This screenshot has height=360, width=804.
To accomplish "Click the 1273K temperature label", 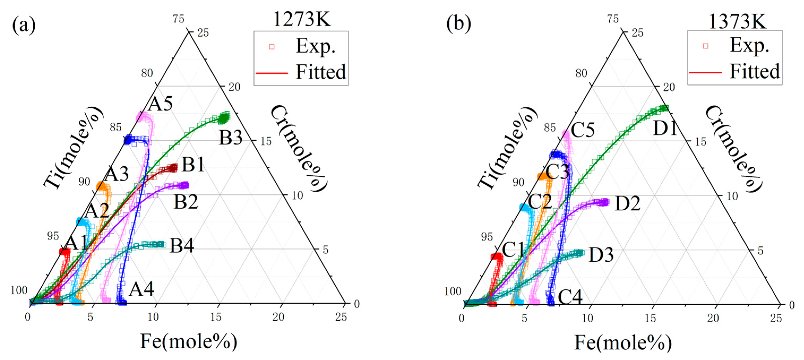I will tap(301, 19).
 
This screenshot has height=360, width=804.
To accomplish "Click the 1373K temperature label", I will tap(737, 22).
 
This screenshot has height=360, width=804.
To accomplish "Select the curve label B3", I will tap(231, 138).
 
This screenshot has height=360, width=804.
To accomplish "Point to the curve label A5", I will tap(160, 103).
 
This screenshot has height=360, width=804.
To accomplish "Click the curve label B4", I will tap(182, 245).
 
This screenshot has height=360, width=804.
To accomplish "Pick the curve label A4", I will tap(141, 289).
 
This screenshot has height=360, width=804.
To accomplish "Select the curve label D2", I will tap(628, 204).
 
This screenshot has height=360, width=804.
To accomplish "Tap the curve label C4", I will tap(570, 297).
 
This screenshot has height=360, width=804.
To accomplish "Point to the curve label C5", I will tap(583, 130).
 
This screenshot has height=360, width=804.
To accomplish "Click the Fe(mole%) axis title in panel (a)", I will tap(188, 341).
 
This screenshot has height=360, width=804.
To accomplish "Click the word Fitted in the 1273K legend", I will tap(321, 72).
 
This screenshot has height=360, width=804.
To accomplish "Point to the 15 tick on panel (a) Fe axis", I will tap(216, 317).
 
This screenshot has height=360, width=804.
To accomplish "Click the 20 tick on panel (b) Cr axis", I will tap(669, 87).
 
